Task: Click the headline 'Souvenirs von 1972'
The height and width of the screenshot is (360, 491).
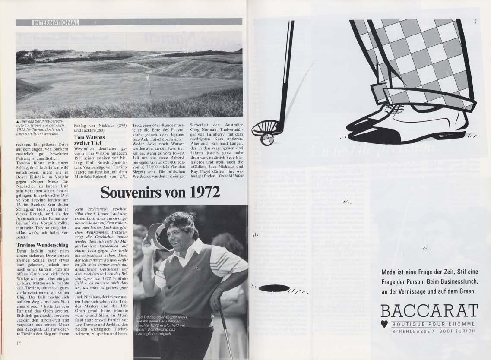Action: click(x=160, y=192)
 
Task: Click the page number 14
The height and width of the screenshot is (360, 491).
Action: click(x=19, y=344)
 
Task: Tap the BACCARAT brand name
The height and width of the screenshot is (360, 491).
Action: click(x=429, y=311)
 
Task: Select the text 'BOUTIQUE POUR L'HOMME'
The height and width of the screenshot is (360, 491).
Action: click(x=434, y=324)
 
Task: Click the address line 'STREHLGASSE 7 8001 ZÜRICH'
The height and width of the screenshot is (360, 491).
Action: click(x=434, y=331)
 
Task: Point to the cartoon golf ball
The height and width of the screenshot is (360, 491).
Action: click(x=267, y=139)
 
